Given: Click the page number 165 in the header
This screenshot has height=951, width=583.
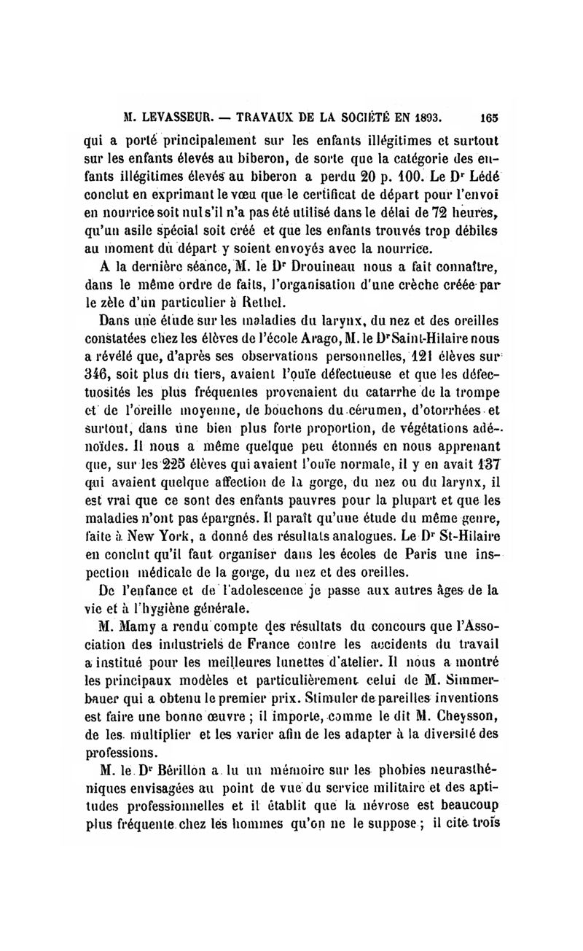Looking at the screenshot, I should [x=488, y=115].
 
